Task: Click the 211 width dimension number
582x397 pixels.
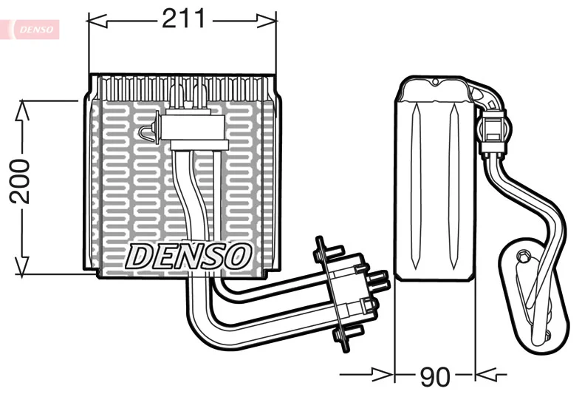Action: (183, 18)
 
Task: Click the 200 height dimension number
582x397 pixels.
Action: (19, 181)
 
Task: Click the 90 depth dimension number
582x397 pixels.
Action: (435, 376)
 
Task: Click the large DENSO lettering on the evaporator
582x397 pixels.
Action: (188, 256)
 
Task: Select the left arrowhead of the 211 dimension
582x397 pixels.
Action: (97, 21)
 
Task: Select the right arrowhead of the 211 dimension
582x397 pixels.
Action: (267, 21)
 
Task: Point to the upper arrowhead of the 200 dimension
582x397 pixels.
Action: (22, 110)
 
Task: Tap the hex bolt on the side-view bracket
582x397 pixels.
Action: (522, 256)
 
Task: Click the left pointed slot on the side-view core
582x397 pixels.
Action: (416, 186)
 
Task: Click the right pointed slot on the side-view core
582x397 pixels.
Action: (453, 186)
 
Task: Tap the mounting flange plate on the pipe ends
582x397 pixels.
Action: (333, 293)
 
